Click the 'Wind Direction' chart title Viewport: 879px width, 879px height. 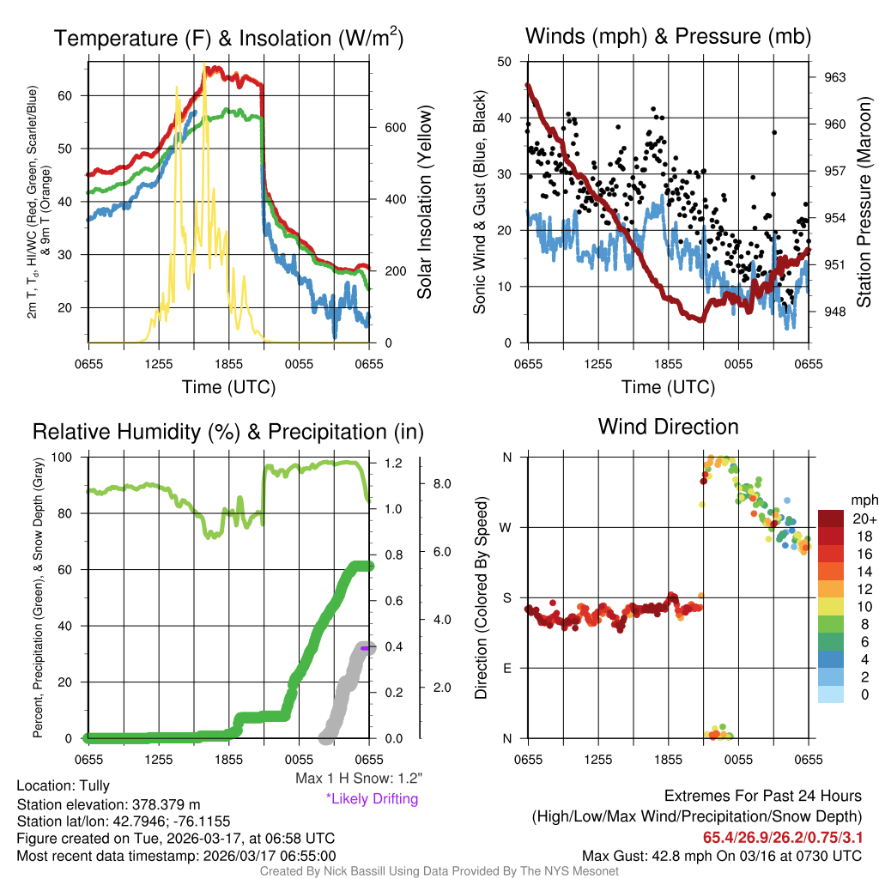pos(668,427)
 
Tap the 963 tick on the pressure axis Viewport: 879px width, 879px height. pos(834,77)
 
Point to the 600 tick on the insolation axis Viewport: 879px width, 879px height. pos(395,127)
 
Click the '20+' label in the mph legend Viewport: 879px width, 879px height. pos(861,519)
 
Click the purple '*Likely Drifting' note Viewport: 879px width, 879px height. pos(372,799)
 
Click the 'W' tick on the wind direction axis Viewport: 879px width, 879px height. pos(507,527)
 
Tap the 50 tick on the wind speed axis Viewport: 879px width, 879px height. pos(505,62)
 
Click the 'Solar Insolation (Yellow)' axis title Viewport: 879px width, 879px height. pos(425,202)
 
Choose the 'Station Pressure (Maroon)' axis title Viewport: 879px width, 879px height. pos(864,202)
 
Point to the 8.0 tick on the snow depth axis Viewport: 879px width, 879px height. pos(441,484)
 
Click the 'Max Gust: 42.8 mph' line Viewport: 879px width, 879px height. pos(721,856)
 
